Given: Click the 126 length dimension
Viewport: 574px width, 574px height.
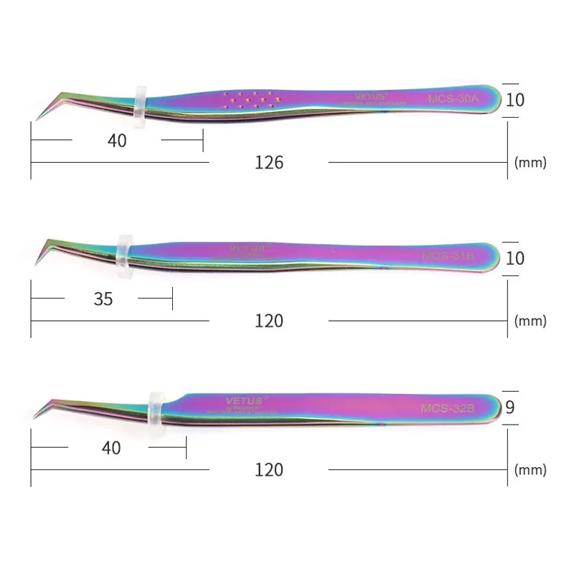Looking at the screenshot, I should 269,163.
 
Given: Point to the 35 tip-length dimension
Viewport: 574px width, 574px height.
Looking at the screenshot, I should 103,298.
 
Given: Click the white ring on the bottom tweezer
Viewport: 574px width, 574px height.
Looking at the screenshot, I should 154,408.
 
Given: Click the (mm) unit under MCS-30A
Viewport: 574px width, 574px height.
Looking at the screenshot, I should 530,163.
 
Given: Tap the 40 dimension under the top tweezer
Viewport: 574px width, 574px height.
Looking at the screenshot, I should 117,141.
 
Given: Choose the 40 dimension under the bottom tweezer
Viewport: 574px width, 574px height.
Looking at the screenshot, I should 111,448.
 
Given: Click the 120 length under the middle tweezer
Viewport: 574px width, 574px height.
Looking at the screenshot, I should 269,321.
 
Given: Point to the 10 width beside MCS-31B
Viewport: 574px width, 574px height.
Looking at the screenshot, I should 514,258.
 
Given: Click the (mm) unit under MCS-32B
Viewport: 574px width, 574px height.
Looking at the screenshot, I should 530,470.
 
